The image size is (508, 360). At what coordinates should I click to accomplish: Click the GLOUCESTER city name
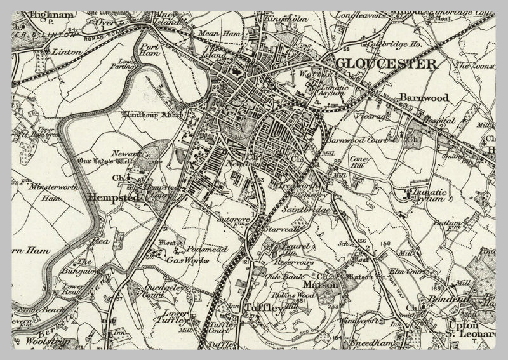[386, 63]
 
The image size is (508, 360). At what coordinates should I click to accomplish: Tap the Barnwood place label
[424, 98]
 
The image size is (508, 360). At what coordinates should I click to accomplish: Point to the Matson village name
[325, 287]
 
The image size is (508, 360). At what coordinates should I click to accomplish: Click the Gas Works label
[183, 259]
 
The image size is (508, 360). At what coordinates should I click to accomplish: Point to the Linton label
[67, 51]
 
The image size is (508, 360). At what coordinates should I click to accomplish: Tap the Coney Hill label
[360, 154]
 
